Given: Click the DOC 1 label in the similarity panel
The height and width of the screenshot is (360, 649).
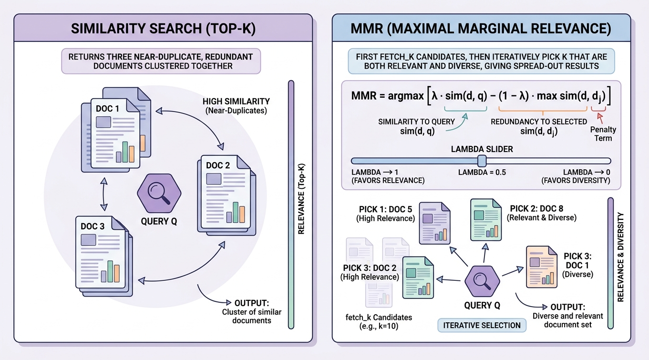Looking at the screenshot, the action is [x=107, y=109].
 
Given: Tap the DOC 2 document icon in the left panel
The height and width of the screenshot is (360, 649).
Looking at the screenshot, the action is [x=227, y=195].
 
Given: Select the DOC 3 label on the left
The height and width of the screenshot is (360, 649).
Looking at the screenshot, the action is [x=93, y=226].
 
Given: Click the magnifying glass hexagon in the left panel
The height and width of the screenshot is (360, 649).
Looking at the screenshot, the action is [x=159, y=193].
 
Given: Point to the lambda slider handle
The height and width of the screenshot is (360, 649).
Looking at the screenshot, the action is [x=482, y=161].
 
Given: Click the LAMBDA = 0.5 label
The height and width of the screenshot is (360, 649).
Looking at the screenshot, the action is [x=482, y=172].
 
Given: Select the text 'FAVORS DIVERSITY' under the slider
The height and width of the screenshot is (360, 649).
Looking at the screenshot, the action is [x=576, y=180].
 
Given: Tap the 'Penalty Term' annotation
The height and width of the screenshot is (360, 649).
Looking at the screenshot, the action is [x=603, y=134].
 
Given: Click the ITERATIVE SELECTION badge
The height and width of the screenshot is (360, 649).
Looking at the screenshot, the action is [x=482, y=325].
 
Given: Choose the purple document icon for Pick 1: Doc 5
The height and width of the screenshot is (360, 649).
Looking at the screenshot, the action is [x=434, y=223].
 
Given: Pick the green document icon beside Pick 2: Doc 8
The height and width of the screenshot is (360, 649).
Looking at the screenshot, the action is [x=486, y=219].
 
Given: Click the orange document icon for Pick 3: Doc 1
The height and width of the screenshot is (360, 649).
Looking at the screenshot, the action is [x=542, y=267].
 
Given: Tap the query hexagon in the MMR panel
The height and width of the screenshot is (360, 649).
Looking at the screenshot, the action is [x=482, y=281].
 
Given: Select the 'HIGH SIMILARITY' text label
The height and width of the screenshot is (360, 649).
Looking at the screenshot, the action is [x=236, y=102].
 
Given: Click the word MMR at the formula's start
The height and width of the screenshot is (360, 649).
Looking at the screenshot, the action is [x=364, y=95].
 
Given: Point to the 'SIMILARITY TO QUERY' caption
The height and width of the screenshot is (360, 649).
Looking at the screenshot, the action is [x=416, y=122].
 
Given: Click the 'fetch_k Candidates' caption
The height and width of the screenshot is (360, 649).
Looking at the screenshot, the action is [x=379, y=318].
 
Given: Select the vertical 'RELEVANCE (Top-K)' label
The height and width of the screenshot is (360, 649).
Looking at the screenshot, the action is [x=301, y=199].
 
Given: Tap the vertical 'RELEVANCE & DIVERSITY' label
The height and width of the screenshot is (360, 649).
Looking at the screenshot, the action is [x=620, y=257].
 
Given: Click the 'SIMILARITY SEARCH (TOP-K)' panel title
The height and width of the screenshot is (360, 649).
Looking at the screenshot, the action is [x=163, y=29].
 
